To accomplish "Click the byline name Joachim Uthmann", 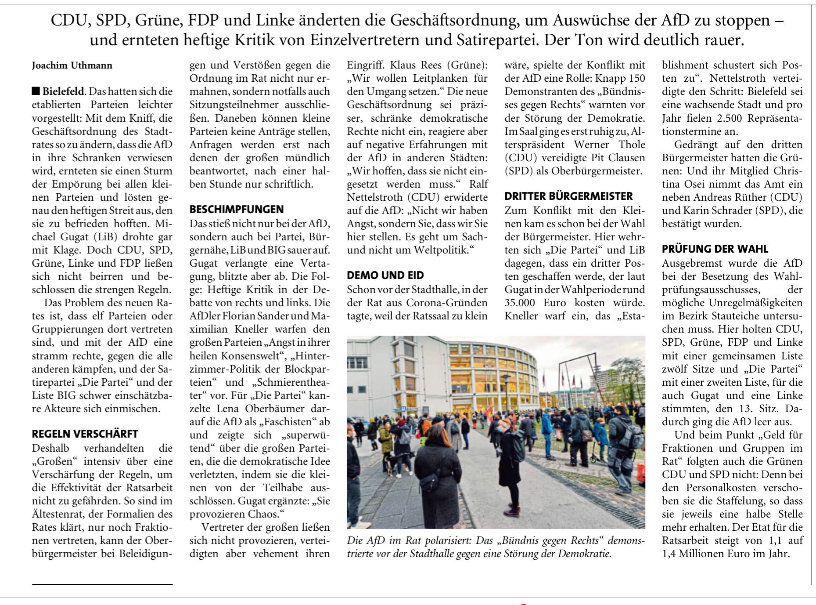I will click(x=72, y=65).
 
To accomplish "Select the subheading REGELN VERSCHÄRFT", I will click(x=85, y=434).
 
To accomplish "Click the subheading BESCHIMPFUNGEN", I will click(x=237, y=210).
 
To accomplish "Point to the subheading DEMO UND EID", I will click(x=385, y=275).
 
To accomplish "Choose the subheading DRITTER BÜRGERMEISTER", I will click(x=568, y=196).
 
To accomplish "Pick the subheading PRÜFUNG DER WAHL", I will click(x=715, y=249).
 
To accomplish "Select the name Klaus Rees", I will click(x=416, y=65).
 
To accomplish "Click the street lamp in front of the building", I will click(x=506, y=387).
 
